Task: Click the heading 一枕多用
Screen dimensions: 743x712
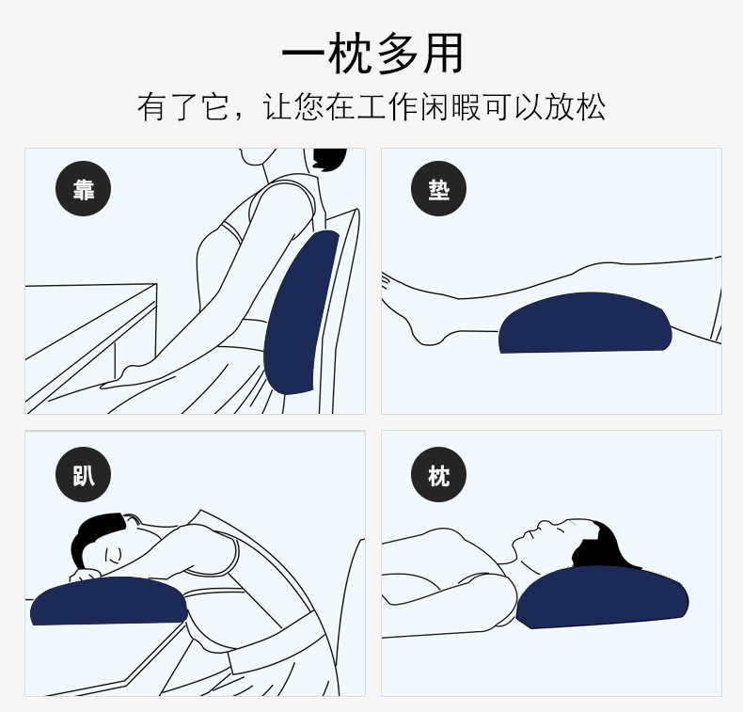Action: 372,53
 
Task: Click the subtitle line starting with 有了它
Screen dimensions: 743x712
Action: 371,106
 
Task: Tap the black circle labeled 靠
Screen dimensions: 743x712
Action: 84,188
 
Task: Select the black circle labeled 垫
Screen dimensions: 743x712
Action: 439,188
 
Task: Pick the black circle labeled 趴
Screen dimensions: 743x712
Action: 84,475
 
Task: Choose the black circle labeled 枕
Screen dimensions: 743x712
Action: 439,475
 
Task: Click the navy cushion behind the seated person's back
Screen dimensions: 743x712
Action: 301,312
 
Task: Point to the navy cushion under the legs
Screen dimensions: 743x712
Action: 585,323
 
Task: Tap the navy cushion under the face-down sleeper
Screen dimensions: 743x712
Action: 109,601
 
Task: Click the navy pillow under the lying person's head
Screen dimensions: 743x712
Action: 602,598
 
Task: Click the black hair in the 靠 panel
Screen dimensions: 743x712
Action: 328,159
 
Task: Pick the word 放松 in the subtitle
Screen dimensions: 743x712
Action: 576,106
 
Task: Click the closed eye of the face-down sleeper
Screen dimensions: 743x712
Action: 113,555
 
